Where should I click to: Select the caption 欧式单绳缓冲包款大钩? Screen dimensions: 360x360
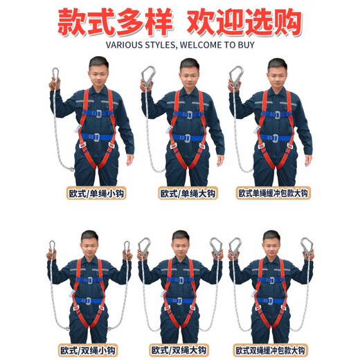point(272,194)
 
